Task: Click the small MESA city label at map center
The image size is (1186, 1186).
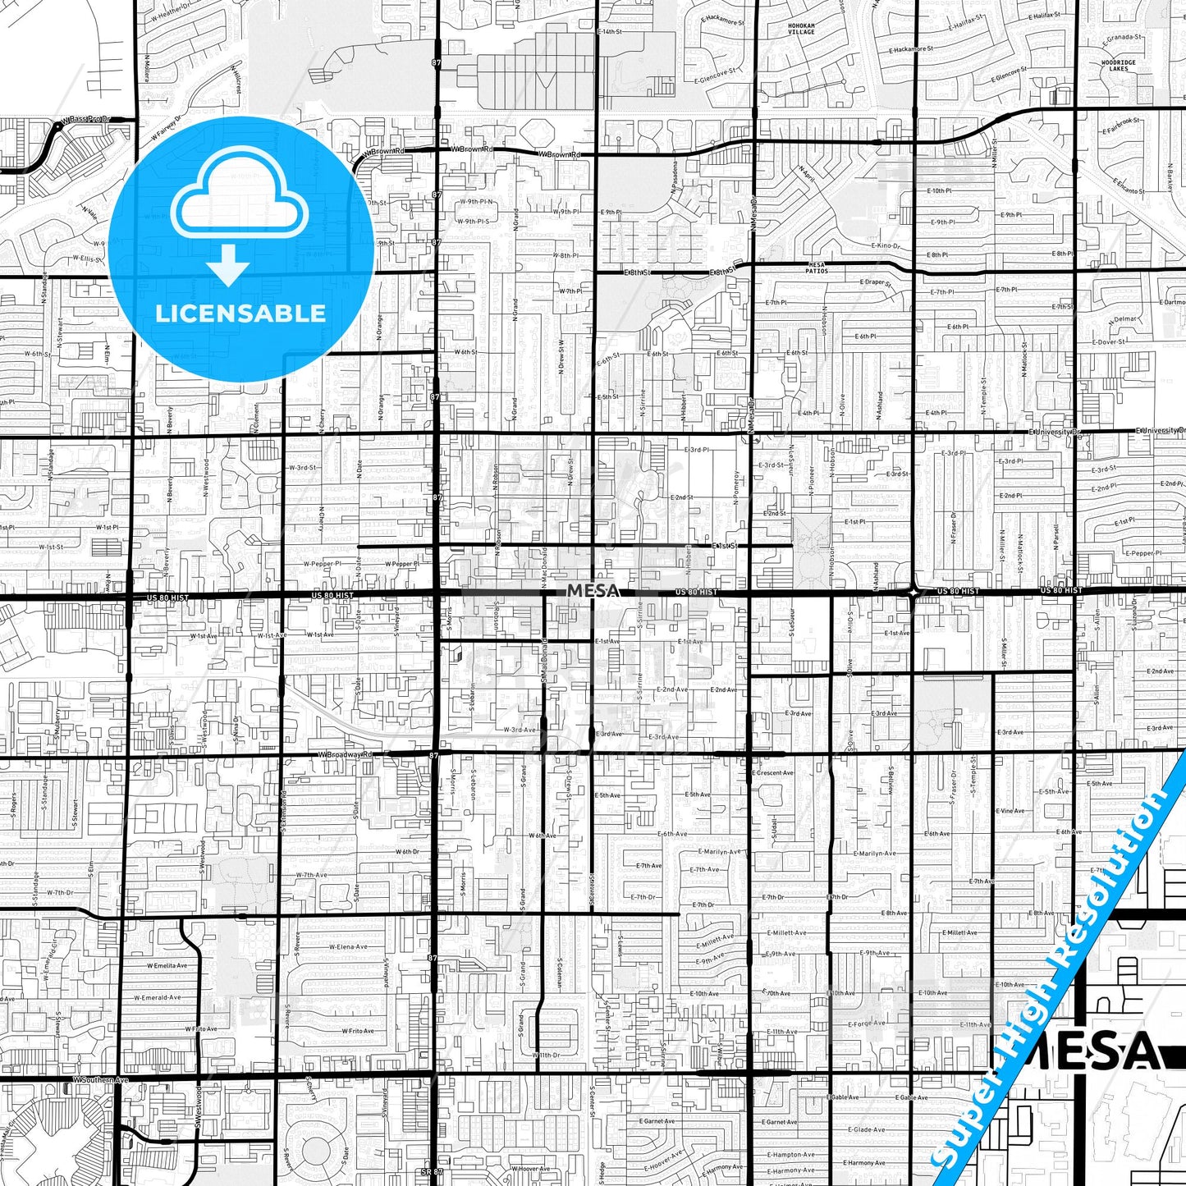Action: [x=593, y=591]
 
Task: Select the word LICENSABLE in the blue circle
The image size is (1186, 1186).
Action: [x=240, y=314]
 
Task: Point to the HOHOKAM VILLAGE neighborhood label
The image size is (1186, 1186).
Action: [x=801, y=30]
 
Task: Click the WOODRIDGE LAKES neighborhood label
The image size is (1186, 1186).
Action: [x=1119, y=66]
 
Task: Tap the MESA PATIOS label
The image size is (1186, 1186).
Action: [x=816, y=268]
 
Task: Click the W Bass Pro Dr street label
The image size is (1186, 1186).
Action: [x=85, y=120]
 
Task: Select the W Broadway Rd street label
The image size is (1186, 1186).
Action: [x=345, y=754]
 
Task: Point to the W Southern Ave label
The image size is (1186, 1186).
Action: [x=100, y=1080]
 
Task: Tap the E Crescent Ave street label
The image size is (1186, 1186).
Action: [x=772, y=773]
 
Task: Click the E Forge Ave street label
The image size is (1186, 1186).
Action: [x=867, y=1023]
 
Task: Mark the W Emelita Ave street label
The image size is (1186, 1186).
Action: [x=167, y=965]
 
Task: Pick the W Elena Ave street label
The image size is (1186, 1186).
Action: [x=348, y=947]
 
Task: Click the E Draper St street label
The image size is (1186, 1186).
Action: [x=875, y=283]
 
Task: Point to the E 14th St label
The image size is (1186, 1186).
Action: [x=610, y=32]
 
